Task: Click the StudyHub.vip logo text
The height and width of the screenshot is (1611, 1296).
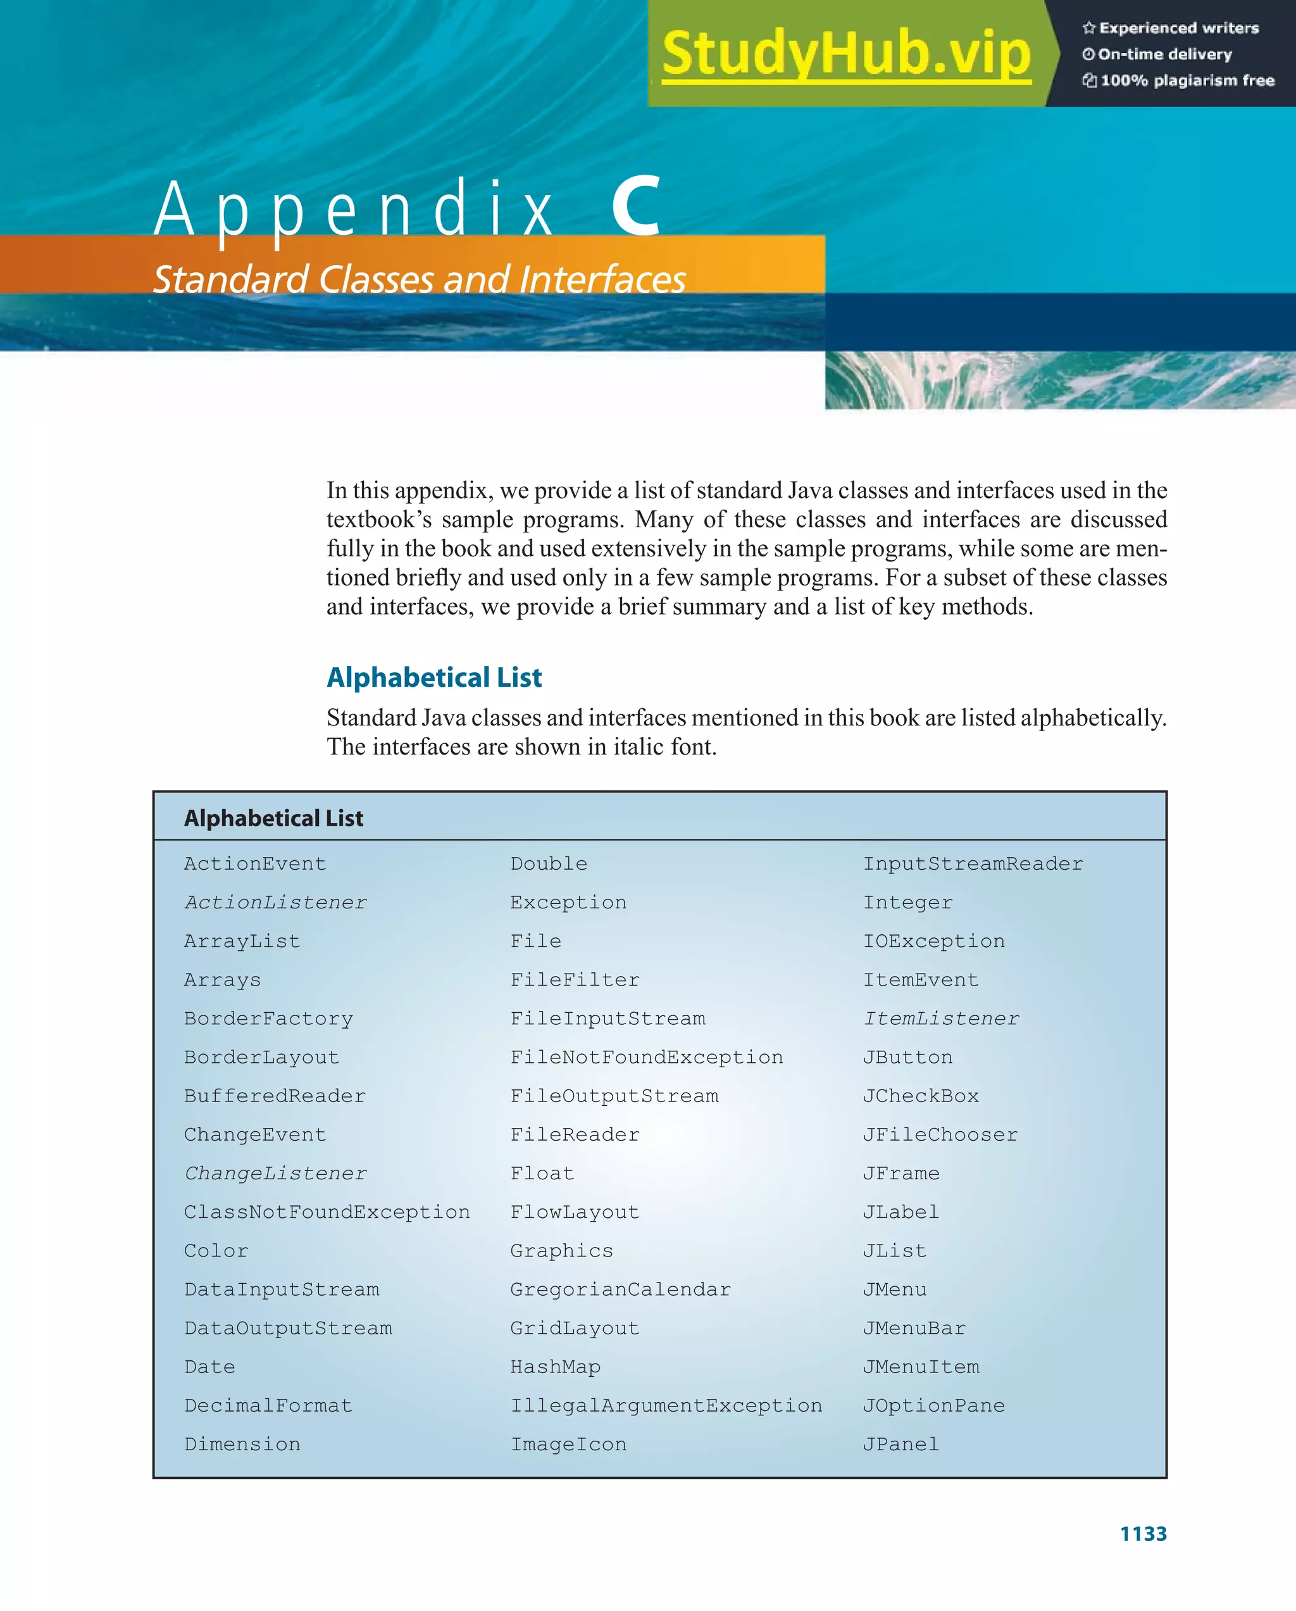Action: point(845,54)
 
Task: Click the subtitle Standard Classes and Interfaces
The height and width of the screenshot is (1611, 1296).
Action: point(419,279)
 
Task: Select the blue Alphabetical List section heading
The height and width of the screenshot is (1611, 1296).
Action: point(434,677)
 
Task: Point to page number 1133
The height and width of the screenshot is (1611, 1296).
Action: point(1143,1533)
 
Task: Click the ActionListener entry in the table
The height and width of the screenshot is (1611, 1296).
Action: point(276,903)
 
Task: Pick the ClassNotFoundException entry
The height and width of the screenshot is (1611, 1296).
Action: point(327,1212)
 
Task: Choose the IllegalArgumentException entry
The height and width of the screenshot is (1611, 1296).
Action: point(666,1405)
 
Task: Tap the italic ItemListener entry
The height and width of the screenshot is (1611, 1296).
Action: point(941,1019)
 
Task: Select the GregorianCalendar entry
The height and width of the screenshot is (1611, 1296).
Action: point(620,1289)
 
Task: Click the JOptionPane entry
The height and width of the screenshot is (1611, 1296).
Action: point(934,1405)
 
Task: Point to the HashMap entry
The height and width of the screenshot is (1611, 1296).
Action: point(555,1367)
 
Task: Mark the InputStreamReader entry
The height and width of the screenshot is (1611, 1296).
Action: point(973,864)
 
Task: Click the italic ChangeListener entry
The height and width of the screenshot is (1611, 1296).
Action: point(276,1174)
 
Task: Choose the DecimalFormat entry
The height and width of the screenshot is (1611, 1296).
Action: point(268,1405)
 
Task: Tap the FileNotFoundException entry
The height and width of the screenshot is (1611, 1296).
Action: point(646,1057)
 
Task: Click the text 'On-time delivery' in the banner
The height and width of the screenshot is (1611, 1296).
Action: point(1164,54)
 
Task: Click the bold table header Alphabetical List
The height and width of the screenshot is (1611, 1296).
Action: point(273,818)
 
